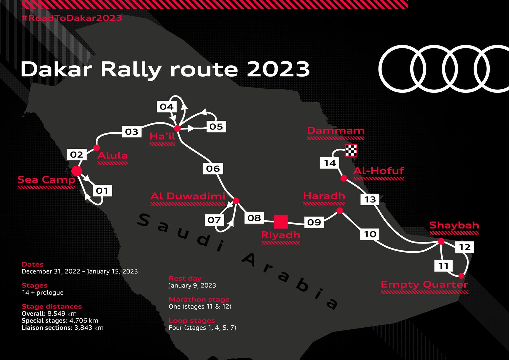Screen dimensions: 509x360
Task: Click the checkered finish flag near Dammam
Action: pos(351,150)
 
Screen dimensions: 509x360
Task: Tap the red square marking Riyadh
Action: pos(281,222)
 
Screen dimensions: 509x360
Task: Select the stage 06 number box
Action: pos(213,169)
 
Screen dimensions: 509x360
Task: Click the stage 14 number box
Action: pos(330,163)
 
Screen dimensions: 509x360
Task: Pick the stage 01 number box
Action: pos(102,191)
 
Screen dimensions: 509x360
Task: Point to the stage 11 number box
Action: pos(443,266)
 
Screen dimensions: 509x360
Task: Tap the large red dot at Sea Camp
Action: pos(77,171)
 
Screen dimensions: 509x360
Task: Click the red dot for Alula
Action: pos(96,148)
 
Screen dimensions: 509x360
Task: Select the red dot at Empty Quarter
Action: pos(461,276)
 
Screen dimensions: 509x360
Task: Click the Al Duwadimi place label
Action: pos(188,196)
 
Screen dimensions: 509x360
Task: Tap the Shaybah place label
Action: pos(454,225)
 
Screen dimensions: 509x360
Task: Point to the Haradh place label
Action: pos(324,196)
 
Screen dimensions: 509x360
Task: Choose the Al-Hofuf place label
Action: pos(378,171)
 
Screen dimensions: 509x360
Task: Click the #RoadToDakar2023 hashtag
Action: pos(72,18)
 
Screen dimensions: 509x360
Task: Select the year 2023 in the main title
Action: pos(278,69)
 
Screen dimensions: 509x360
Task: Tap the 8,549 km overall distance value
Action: pos(62,314)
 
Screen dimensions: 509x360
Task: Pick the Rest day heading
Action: pos(185,278)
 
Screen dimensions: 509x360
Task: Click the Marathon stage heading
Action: pos(199,300)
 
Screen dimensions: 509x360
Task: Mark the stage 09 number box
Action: pos(314,222)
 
